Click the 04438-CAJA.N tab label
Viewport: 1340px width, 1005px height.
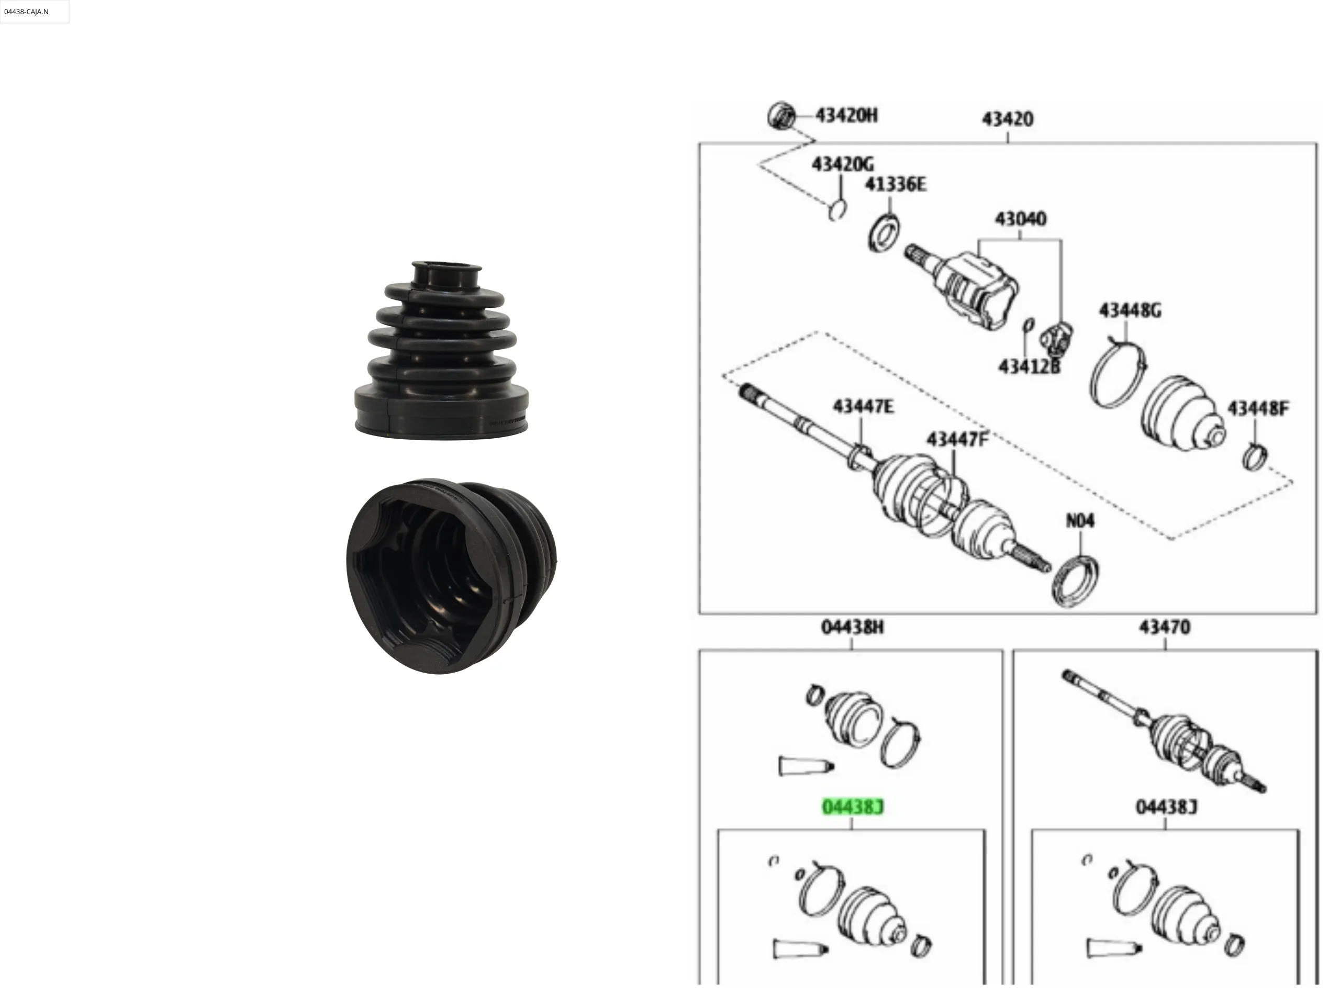pos(26,12)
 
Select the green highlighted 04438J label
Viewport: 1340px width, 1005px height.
pos(852,807)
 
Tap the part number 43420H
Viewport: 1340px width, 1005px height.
pos(846,115)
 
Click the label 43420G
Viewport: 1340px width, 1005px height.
pos(843,164)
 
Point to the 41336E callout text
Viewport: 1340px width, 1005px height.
pos(896,184)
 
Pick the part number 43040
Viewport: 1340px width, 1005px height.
pos(1021,219)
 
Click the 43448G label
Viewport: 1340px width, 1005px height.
pos(1131,311)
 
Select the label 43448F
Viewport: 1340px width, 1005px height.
pos(1258,409)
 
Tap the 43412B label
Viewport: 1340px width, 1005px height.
pos(1029,366)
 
